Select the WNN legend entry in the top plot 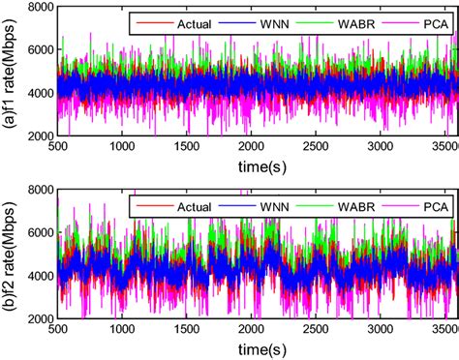(269, 21)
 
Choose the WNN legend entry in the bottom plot (269, 206)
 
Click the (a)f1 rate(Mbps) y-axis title (12, 74)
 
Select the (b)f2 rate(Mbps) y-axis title (12, 259)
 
